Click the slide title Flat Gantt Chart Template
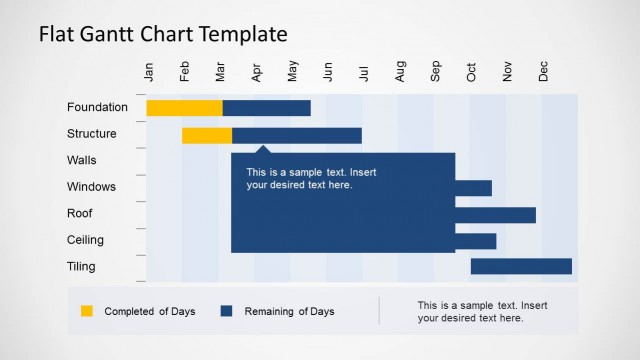coord(163,34)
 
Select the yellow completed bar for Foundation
coord(184,108)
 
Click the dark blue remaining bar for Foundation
coord(266,108)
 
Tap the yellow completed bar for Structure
coord(207,135)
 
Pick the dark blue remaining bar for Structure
coord(297,135)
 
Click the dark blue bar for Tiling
coord(521,266)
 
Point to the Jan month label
coord(150,72)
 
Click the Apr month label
coord(257,72)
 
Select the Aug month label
coord(400,72)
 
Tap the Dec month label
coord(544,72)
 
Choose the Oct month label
coord(472,72)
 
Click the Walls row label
coord(82,160)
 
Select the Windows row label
coord(91,187)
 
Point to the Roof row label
coord(80,213)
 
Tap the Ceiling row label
coord(86,240)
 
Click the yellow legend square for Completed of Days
coord(86,311)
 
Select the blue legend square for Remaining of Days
coord(226,311)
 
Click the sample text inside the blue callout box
coord(311,178)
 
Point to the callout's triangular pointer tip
coord(263,148)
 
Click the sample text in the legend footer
coord(482,311)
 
